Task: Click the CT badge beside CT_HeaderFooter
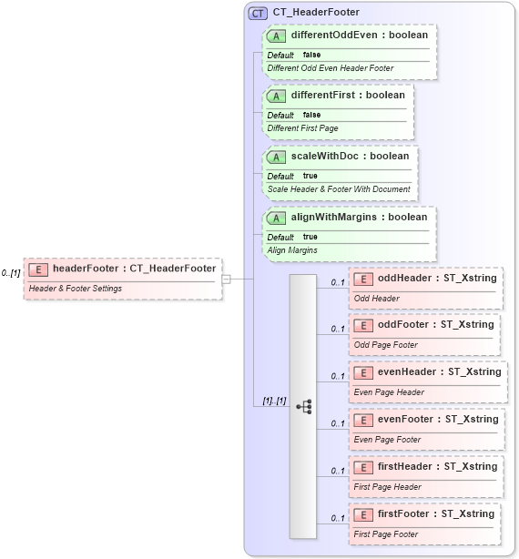tap(259, 13)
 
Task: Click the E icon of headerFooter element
tap(38, 269)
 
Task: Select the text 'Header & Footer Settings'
tap(76, 289)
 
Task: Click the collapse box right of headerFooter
tap(226, 279)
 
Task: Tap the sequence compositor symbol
tap(304, 406)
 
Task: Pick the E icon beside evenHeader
tap(362, 372)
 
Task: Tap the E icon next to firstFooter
tap(362, 514)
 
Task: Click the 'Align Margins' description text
tap(292, 249)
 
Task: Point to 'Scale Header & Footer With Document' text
tap(338, 188)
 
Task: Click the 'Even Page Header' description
tap(388, 392)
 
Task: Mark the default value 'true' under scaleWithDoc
tap(310, 176)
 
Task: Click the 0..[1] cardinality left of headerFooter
tap(11, 273)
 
